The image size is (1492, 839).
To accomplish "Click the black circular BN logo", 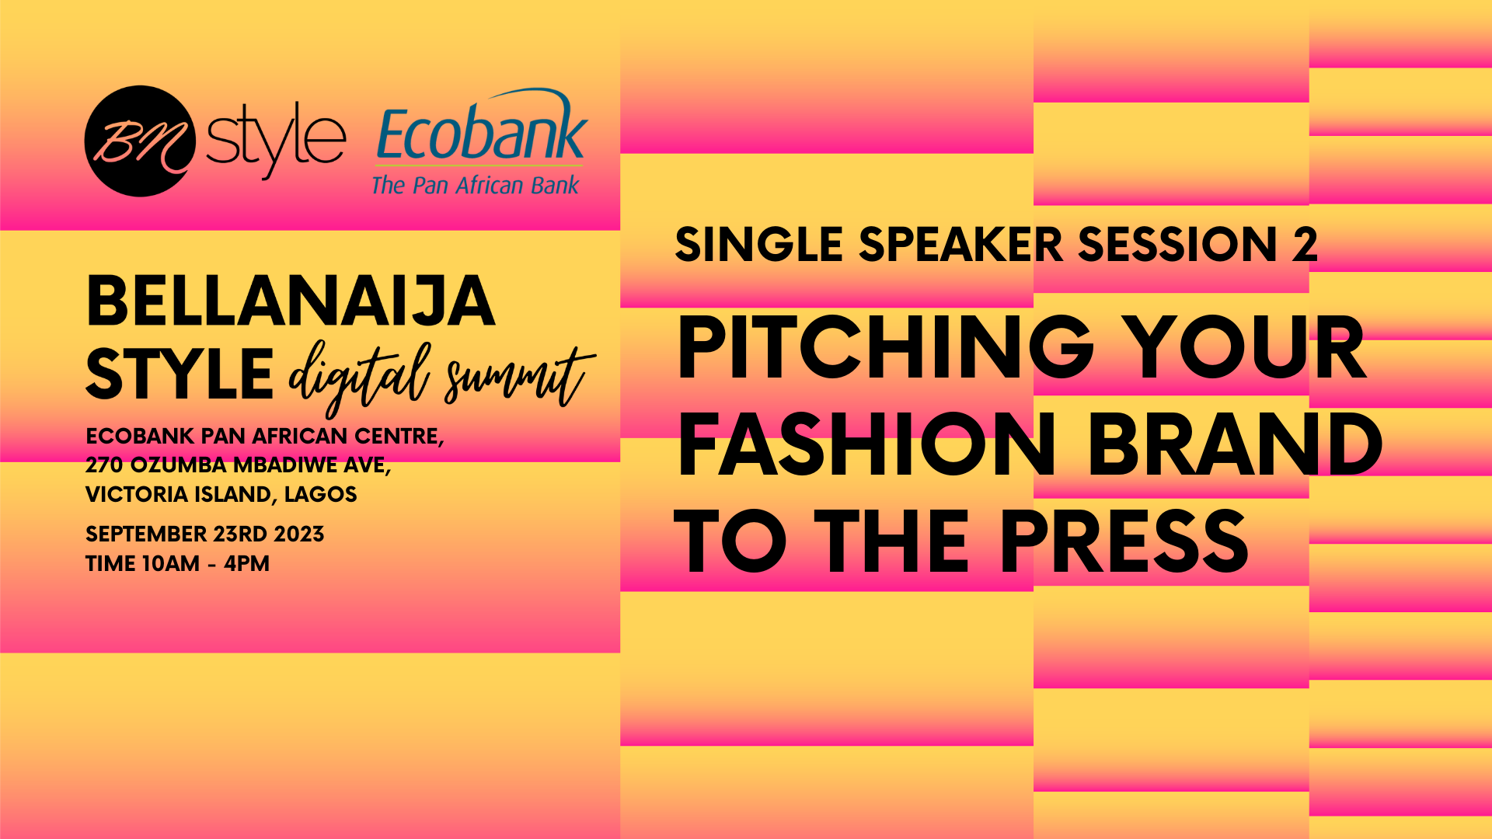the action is [x=140, y=141].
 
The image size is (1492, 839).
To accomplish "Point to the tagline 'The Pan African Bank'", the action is [x=476, y=185].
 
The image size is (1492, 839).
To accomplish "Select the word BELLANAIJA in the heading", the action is [x=291, y=301].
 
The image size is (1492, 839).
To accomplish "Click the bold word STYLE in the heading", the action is [x=180, y=374].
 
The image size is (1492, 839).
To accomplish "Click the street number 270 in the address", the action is [x=104, y=465].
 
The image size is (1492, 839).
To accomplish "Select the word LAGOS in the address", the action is [x=321, y=494].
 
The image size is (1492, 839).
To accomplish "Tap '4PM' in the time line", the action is [x=247, y=563].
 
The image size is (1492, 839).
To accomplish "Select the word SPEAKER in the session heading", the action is [x=960, y=244].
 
